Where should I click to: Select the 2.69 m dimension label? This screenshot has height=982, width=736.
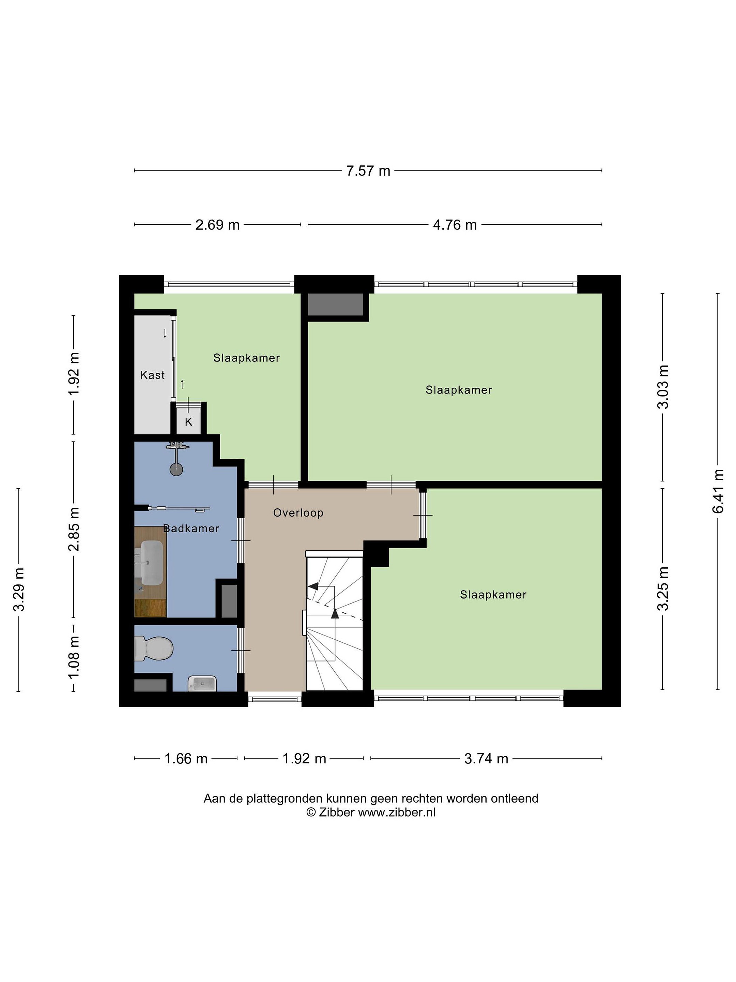tap(217, 225)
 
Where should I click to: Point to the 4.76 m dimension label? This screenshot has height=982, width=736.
tap(455, 225)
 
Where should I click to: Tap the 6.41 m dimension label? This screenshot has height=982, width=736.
tap(718, 491)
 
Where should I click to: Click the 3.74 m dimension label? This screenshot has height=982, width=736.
tap(486, 758)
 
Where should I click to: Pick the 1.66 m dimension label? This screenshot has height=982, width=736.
tap(186, 758)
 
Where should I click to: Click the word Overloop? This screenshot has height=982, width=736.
tap(298, 513)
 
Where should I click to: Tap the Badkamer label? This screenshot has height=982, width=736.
tap(191, 528)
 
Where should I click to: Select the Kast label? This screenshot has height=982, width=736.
tap(152, 375)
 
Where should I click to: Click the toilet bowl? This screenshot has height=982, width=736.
tap(153, 648)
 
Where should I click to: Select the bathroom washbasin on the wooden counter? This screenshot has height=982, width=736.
tap(151, 563)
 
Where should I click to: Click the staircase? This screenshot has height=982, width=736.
tap(335, 621)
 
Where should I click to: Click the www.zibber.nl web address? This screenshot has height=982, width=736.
tap(397, 812)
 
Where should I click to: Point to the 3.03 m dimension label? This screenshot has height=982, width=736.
tap(663, 387)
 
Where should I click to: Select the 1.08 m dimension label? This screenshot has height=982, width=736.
tap(74, 657)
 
